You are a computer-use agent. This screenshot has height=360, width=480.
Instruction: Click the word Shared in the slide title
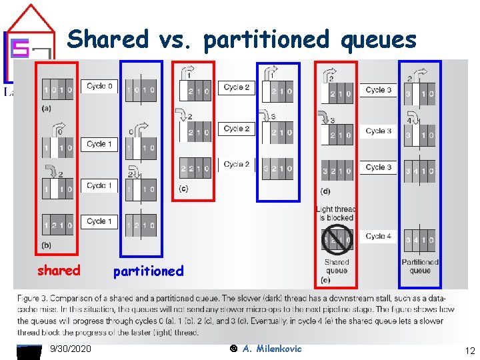[x=108, y=39]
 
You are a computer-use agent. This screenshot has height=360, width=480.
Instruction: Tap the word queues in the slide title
[x=378, y=41]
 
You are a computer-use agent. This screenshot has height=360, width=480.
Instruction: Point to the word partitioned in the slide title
[x=267, y=41]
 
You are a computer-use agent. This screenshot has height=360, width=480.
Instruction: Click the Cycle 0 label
[x=100, y=86]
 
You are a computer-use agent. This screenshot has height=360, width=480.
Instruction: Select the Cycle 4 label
[x=379, y=236]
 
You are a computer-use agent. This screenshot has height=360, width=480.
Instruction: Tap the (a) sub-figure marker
[x=47, y=107]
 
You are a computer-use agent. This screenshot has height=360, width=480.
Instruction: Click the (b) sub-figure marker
[x=47, y=246]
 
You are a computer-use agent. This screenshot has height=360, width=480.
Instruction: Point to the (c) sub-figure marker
[x=183, y=189]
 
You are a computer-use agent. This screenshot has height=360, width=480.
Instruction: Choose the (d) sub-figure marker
[x=325, y=191]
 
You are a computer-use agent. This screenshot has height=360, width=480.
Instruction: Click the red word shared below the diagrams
[x=59, y=271]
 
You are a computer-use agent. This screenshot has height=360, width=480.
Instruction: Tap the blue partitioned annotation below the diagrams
[x=148, y=271]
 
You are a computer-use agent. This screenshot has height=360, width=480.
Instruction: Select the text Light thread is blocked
[x=336, y=213]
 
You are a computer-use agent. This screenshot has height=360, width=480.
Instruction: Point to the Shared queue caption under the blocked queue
[x=337, y=267]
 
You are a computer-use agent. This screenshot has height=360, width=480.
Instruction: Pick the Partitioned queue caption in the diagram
[x=420, y=267]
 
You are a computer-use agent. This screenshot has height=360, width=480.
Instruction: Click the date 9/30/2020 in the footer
[x=71, y=349]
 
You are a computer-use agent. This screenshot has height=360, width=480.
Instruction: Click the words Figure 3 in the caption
[x=33, y=298]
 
